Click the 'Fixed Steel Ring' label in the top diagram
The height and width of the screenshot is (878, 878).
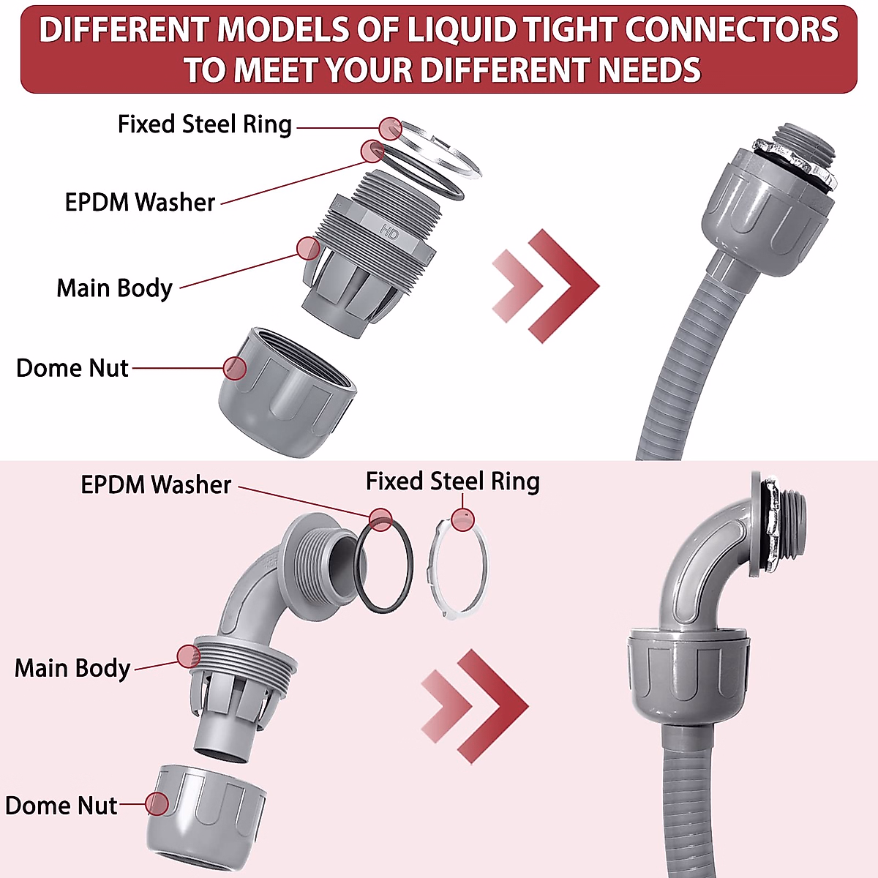(204, 124)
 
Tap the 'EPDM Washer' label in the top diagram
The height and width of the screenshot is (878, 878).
(140, 202)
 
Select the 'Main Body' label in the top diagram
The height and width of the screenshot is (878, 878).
(114, 288)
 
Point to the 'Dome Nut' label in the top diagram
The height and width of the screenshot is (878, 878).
(72, 367)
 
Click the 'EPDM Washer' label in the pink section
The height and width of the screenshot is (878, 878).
(155, 484)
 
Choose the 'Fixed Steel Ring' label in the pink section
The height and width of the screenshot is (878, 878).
(452, 481)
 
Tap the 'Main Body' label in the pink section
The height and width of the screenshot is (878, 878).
(72, 668)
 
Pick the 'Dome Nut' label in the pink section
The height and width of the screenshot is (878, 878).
(61, 806)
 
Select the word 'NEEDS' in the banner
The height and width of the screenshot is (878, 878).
(650, 70)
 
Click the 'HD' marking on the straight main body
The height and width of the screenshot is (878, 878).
(389, 233)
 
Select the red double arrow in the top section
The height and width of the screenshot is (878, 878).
(545, 285)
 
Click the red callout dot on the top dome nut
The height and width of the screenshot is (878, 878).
(235, 368)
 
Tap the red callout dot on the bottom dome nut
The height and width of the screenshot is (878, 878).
(157, 804)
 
